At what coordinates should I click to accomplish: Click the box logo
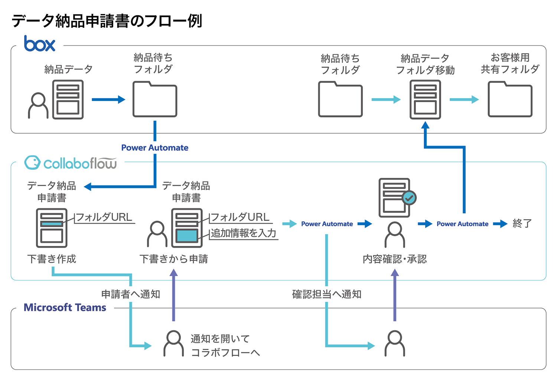point(39,44)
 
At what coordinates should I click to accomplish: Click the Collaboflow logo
point(71,163)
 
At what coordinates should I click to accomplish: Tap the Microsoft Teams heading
point(65,308)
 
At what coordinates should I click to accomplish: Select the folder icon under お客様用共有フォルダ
point(510,100)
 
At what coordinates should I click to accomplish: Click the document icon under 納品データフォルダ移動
point(425,100)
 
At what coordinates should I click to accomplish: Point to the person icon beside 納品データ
point(38,106)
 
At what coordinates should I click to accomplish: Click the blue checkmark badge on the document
point(409,198)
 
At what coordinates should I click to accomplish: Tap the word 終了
point(522,224)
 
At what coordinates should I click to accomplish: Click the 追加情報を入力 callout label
point(244,233)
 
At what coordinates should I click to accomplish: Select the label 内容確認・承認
point(395,259)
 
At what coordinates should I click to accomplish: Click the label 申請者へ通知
point(131,294)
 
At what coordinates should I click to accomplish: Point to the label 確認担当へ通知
point(327,294)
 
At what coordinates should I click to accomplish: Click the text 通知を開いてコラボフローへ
point(225,345)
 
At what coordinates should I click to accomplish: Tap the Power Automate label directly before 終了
point(462,224)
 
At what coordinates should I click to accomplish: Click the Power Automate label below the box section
point(155,148)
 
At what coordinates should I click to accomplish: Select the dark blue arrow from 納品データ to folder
point(108,100)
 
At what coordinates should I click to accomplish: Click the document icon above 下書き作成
point(52,228)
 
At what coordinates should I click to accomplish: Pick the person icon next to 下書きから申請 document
point(157,234)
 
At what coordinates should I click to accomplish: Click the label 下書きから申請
point(173,259)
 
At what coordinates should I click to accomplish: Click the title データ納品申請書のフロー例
point(107,21)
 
